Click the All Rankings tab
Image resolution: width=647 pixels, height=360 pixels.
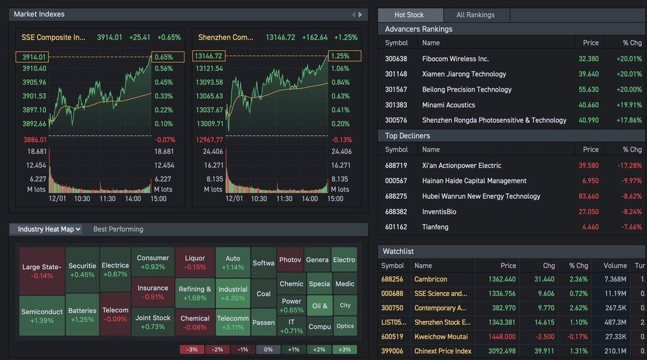click(475, 15)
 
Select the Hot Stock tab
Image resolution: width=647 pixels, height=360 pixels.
click(409, 15)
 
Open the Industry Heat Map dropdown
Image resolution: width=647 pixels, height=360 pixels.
click(46, 229)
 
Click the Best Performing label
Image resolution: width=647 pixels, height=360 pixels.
click(118, 230)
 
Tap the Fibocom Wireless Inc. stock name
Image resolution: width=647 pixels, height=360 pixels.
click(455, 59)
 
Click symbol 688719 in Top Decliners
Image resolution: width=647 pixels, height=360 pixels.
click(396, 166)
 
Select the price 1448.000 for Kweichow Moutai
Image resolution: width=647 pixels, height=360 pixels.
click(498, 337)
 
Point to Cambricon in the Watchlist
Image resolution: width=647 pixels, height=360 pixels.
click(431, 279)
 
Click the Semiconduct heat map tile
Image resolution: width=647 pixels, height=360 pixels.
click(42, 315)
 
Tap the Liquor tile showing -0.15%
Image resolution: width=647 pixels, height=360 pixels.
click(195, 262)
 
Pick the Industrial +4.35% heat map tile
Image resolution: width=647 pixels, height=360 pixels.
click(233, 294)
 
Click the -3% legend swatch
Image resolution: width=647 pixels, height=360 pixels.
click(192, 349)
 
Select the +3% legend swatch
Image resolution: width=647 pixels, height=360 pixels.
click(344, 349)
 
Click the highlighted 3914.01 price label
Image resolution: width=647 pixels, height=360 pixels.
click(32, 57)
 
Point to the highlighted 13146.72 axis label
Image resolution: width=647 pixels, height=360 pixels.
click(209, 56)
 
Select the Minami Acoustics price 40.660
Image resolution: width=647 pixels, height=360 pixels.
click(588, 105)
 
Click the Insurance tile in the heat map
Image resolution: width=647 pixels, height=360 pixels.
click(153, 292)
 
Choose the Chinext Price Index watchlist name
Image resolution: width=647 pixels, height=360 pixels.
click(443, 351)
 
